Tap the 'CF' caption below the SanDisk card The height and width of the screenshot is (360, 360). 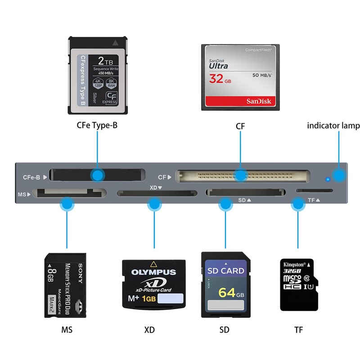click(240, 126)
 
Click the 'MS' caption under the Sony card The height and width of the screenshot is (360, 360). click(67, 330)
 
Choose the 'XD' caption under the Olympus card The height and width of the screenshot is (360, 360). click(149, 330)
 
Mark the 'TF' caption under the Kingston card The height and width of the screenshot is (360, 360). click(298, 330)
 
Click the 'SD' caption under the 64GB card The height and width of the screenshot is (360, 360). click(224, 330)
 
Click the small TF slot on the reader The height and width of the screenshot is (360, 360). click(315, 191)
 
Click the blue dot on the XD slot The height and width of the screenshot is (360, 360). click(154, 205)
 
